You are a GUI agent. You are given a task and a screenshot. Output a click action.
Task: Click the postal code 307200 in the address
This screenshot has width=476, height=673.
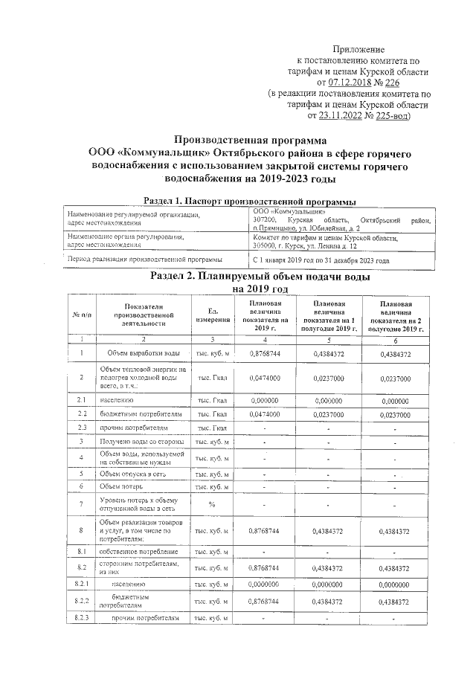pos(265,221)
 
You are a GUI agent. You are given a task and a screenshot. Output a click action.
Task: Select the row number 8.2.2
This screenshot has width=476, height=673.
pos(83,600)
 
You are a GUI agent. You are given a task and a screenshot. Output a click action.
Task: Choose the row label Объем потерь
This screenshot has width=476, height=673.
pos(122,486)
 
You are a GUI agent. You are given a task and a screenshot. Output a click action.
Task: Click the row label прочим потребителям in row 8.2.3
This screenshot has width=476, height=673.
pos(145,618)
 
